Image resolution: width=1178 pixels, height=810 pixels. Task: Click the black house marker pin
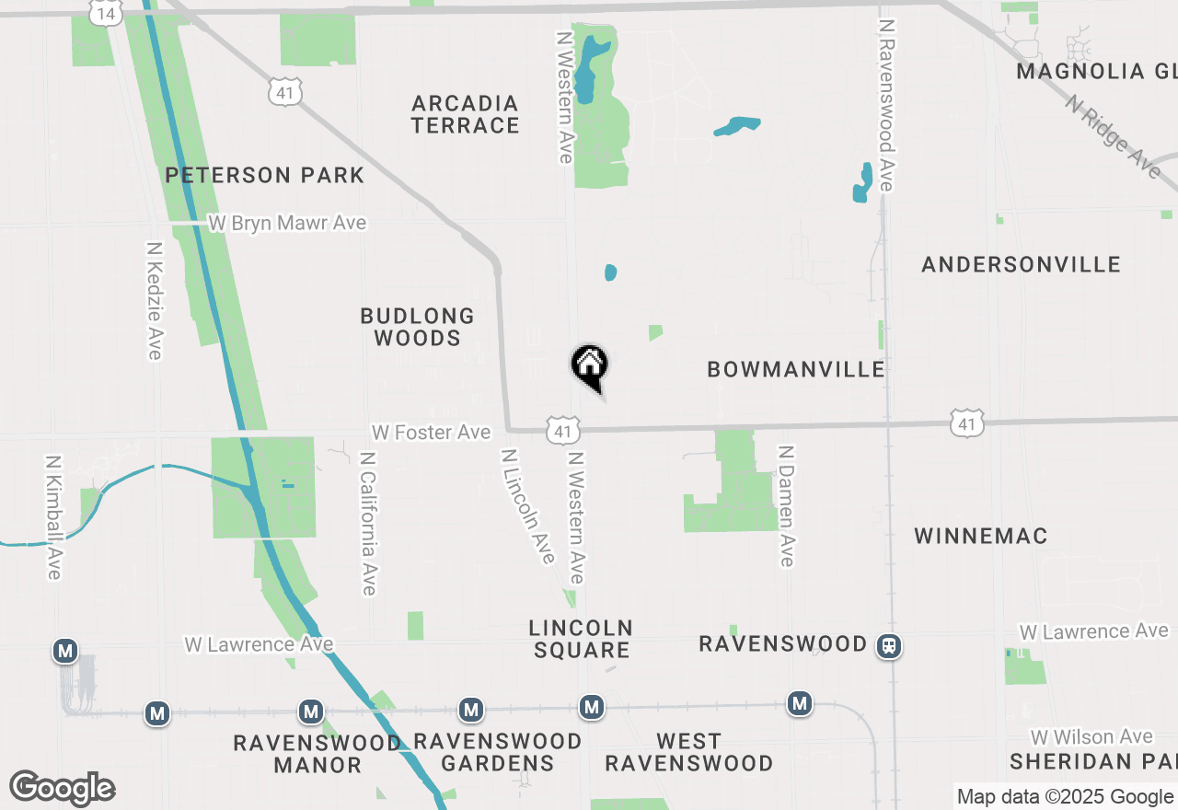tap(590, 365)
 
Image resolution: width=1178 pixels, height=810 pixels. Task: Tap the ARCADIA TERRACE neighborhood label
tap(465, 114)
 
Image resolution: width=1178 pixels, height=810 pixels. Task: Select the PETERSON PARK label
tap(265, 175)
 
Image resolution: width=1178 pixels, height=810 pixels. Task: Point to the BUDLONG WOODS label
tap(417, 327)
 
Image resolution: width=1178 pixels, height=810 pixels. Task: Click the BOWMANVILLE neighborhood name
tap(795, 369)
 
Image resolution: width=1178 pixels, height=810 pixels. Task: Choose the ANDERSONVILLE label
tap(1021, 265)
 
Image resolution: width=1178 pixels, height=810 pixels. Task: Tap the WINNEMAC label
tap(981, 536)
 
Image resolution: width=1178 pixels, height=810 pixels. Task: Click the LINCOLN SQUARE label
tap(581, 639)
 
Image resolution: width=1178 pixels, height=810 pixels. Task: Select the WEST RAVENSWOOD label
tap(688, 752)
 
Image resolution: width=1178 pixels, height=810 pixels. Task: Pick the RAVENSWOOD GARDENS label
tap(497, 752)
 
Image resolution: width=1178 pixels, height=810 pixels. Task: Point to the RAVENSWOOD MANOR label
tap(317, 753)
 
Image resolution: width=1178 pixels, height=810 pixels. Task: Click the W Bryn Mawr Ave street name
tap(286, 223)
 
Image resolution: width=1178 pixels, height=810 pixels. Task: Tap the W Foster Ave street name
tap(431, 432)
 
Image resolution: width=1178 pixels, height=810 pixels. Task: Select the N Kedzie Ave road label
tap(155, 301)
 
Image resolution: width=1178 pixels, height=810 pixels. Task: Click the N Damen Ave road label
tap(785, 505)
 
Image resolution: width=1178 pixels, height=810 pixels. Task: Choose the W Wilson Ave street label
tap(1091, 736)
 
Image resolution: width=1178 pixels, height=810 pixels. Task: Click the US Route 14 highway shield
tap(107, 13)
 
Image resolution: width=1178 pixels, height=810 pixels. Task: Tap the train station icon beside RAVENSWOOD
tap(889, 646)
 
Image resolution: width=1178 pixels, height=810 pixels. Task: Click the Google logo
tap(62, 789)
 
